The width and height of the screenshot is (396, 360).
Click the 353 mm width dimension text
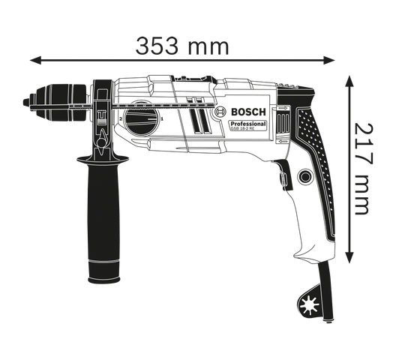tap(182, 46)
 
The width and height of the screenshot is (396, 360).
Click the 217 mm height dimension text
tap(364, 169)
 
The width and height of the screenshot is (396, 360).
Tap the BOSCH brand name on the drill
tap(248, 112)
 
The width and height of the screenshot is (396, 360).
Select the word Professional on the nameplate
tap(248, 124)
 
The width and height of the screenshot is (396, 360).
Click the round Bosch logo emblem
tap(220, 112)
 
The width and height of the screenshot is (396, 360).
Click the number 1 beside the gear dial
tap(162, 118)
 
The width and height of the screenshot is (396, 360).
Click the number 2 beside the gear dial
tap(121, 118)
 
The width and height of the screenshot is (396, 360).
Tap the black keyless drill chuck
tap(58, 102)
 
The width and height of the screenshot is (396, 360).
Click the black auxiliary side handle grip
tap(103, 218)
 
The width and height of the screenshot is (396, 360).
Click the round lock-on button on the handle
tap(305, 177)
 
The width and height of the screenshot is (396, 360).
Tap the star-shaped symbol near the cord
tap(308, 306)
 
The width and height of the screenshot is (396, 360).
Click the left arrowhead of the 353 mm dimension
tap(35, 61)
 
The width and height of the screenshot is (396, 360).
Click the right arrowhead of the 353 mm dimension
tap(329, 61)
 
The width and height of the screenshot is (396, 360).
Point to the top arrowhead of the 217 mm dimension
tap(349, 81)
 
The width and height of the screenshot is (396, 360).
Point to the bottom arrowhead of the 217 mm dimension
tap(349, 257)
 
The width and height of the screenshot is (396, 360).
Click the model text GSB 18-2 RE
tap(240, 128)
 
